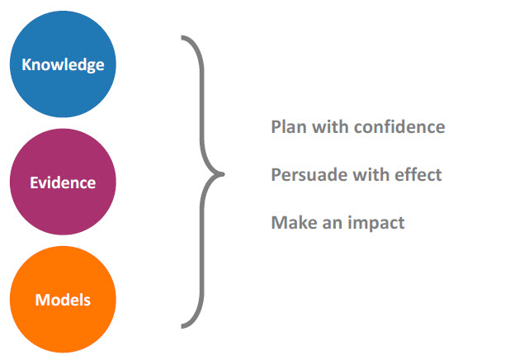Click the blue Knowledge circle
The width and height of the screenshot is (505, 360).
point(63,64)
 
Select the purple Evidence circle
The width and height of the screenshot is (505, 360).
point(63,182)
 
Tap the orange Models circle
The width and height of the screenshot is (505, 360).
point(63,300)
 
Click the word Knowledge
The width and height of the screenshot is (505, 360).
point(63,65)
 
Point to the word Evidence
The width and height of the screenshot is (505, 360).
point(63,182)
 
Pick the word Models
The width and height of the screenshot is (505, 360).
point(63,300)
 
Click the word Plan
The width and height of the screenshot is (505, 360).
point(289,126)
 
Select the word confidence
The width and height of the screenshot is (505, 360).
point(399,126)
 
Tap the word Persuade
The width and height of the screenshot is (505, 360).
point(309,175)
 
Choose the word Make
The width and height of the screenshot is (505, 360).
point(295,222)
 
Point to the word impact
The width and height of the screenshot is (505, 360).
point(376,223)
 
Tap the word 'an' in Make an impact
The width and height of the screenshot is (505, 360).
point(333,224)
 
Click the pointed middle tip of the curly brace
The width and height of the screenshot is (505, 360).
point(223,174)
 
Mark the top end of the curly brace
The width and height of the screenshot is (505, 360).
point(182,37)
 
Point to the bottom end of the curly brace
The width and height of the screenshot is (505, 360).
point(182,326)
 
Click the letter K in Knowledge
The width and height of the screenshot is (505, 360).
point(26,64)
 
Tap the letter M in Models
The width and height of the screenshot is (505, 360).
point(43,300)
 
